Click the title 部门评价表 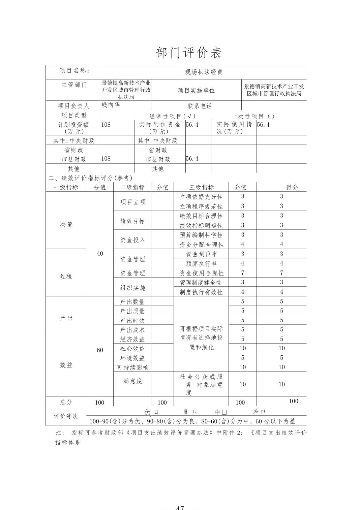189,53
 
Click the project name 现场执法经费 204,72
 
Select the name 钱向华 111,105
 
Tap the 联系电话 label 200,106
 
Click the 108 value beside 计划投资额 106,124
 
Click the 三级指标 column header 201,187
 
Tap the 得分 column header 292,187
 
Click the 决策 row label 66,225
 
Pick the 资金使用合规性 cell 202,273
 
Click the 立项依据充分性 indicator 201,197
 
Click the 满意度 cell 132,381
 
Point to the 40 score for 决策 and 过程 100,253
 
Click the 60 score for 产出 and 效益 100,350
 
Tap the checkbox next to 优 156,412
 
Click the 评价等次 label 66,416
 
